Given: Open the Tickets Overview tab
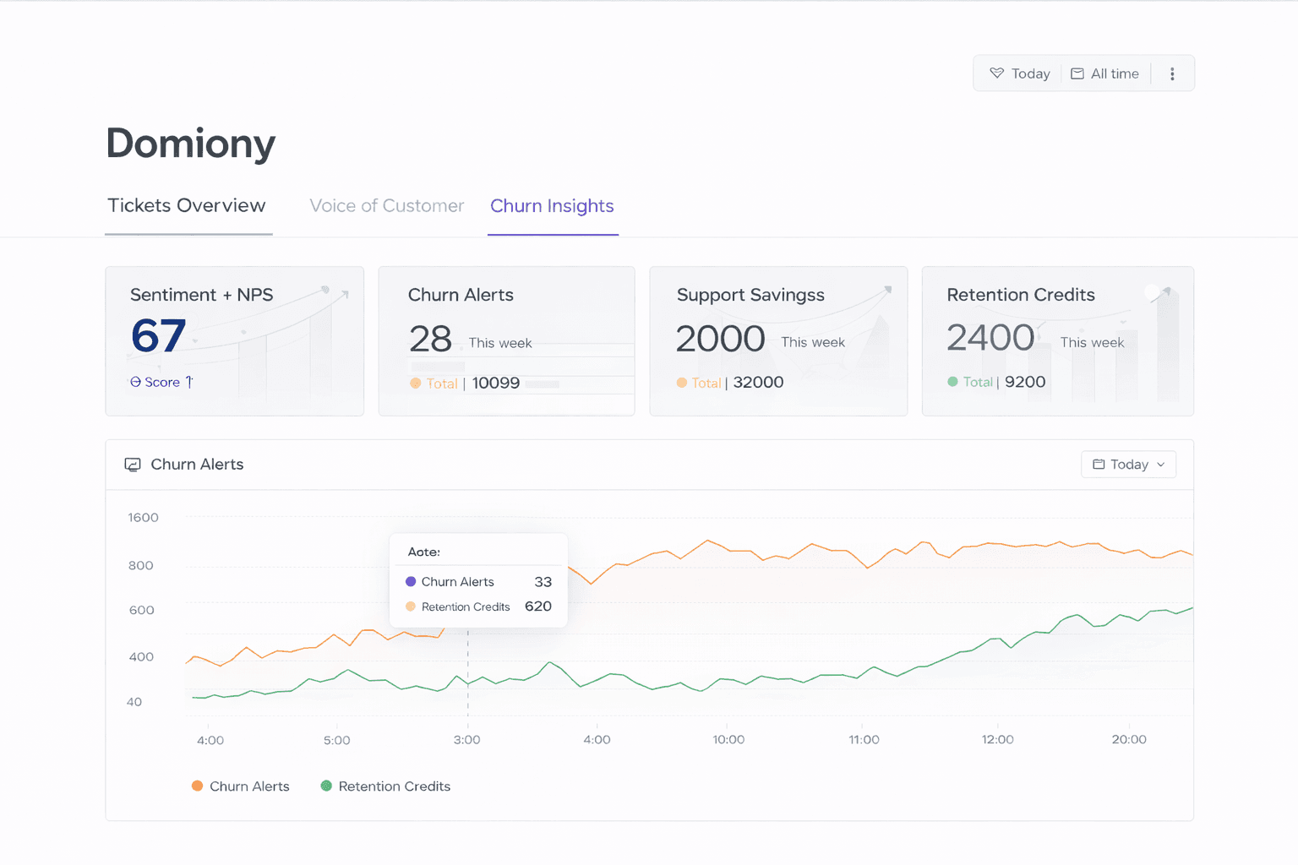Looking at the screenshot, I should [x=187, y=206].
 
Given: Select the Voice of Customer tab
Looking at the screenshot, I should [x=386, y=206].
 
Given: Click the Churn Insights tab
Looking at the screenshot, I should [x=552, y=206].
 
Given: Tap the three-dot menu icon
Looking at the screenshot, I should [x=1172, y=74].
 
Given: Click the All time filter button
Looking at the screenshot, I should [x=1105, y=74].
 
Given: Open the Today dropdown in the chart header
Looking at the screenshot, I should [x=1128, y=465].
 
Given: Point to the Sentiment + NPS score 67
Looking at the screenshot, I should [x=158, y=336].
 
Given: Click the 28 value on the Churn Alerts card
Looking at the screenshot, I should [x=430, y=340].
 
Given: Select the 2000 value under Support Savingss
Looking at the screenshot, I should [x=720, y=340].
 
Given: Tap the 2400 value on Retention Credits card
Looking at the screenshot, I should [x=990, y=338].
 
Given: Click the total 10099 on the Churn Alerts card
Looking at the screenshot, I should [x=495, y=384].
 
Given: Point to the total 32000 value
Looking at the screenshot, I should [x=758, y=383].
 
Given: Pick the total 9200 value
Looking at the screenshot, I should [x=1025, y=383].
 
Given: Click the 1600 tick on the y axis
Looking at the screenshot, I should [x=143, y=518].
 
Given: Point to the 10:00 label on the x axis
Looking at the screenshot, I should [x=728, y=740].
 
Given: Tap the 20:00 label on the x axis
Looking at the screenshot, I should [x=1129, y=740].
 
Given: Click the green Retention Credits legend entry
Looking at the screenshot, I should [x=386, y=786].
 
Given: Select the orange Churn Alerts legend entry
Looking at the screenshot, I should [x=241, y=786].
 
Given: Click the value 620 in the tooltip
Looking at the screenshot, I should [x=538, y=607].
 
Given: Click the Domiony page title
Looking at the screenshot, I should [x=191, y=144].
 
